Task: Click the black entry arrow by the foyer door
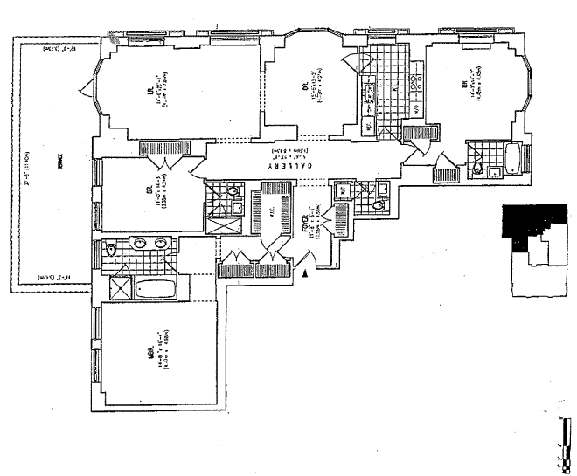tap(304, 273)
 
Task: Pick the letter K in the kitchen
tap(394, 88)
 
